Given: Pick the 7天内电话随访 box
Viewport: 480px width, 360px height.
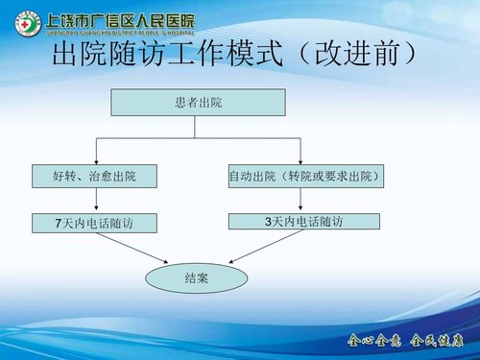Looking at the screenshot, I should tap(93, 224).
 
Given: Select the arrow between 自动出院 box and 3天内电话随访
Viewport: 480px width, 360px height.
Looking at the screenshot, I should tap(303, 200).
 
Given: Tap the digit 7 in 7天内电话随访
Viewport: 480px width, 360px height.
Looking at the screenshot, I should tap(60, 224).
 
